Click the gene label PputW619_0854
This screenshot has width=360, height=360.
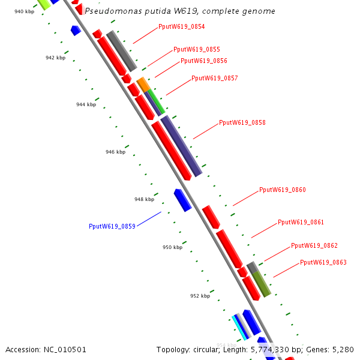181,27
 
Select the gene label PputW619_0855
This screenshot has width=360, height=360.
196,50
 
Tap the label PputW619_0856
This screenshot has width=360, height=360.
203,61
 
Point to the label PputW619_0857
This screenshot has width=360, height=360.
214,79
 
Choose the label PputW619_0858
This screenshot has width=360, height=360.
242,123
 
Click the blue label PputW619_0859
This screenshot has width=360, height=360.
112,227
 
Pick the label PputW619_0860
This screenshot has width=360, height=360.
282,190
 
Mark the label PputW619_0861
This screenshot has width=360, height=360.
301,223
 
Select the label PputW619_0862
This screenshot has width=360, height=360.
314,246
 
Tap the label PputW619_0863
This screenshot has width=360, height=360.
323,263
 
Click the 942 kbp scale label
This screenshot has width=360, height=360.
55,58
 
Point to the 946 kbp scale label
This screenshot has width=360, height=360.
115,152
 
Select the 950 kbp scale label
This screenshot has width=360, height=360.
172,248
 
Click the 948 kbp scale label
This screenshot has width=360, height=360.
144,200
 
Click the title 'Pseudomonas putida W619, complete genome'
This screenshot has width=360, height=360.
180,11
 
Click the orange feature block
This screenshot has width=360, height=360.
143,84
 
